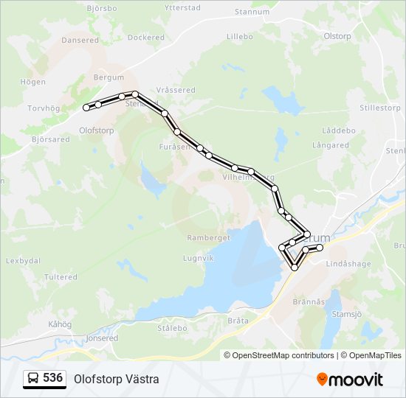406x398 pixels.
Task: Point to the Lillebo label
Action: click(x=239, y=35)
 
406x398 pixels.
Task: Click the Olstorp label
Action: click(x=337, y=35)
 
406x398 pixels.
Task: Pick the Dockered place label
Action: click(x=145, y=37)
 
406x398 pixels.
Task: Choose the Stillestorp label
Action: click(x=379, y=108)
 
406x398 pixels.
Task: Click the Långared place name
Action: click(x=330, y=145)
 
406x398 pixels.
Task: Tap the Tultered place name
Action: click(x=61, y=277)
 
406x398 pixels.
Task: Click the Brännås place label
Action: click(x=309, y=301)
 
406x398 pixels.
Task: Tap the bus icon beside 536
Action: click(x=33, y=378)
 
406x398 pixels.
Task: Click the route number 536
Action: click(x=52, y=377)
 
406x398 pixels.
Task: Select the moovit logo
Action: click(x=350, y=379)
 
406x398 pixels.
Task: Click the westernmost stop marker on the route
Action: click(x=86, y=108)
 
